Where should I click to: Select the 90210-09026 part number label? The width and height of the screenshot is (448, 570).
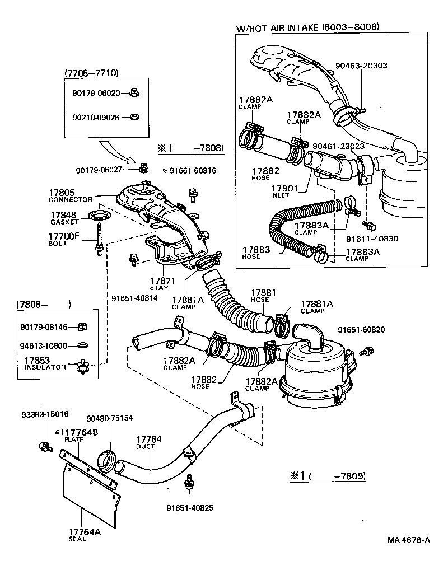pyautogui.click(x=96, y=118)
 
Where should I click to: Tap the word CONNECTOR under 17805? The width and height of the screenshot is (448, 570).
pyautogui.click(x=70, y=200)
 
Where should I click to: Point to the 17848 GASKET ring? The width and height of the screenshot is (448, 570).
pyautogui.click(x=99, y=216)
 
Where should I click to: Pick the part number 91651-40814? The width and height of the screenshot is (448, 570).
pyautogui.click(x=134, y=298)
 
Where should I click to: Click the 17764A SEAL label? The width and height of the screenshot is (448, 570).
pyautogui.click(x=85, y=535)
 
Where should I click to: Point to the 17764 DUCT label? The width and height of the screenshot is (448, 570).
pyautogui.click(x=148, y=442)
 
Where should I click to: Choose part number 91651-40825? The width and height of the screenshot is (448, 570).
pyautogui.click(x=190, y=508)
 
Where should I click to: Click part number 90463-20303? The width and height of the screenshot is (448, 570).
pyautogui.click(x=361, y=66)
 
